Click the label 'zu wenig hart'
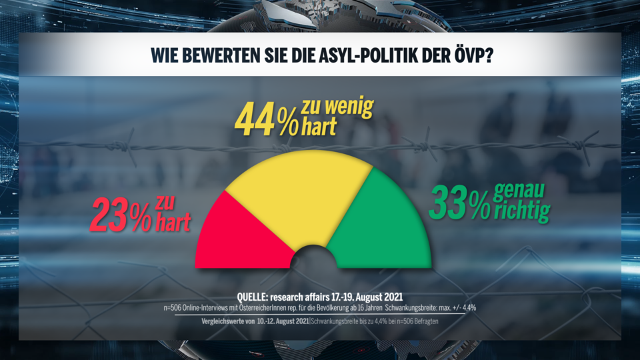click(x=337, y=117)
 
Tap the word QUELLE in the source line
click(x=258, y=296)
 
